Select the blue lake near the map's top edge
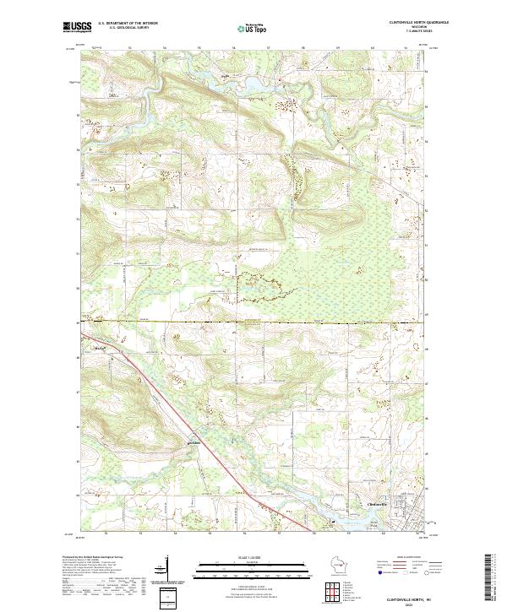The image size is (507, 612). pyautogui.click(x=253, y=84)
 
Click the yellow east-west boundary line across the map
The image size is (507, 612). pyautogui.click(x=253, y=322)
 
